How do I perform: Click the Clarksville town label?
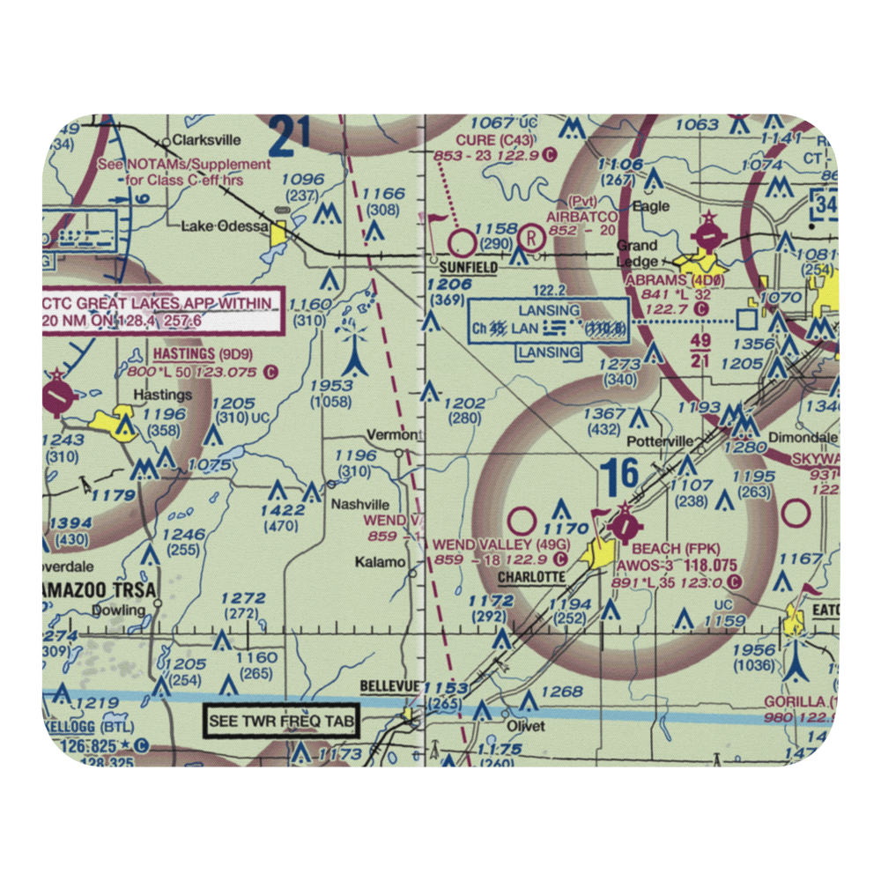click(207, 139)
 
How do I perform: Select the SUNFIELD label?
click(467, 267)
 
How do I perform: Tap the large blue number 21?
click(291, 135)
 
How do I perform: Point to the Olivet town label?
click(525, 727)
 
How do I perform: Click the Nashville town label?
click(359, 505)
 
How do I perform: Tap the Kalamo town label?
click(381, 562)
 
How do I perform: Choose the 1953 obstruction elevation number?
click(331, 385)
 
